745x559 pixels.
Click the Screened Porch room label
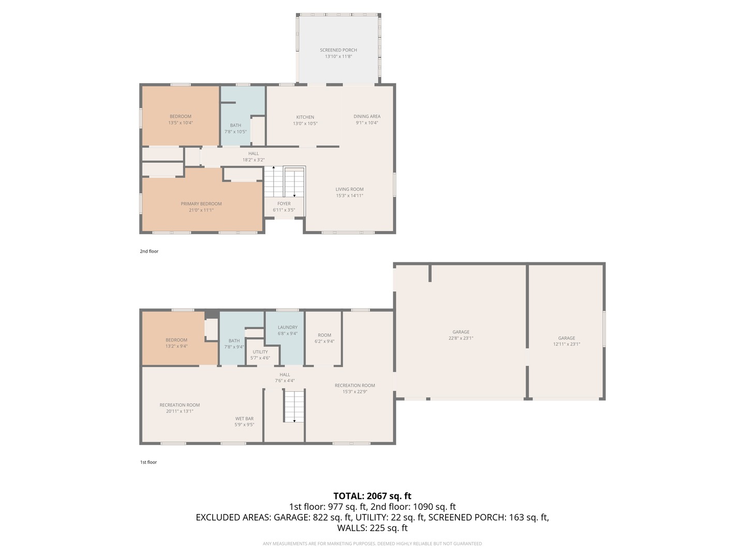pyautogui.click(x=338, y=50)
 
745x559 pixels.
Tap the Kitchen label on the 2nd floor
pyautogui.click(x=305, y=117)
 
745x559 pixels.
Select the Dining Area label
pyautogui.click(x=367, y=116)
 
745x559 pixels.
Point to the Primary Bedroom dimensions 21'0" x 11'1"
pyautogui.click(x=201, y=210)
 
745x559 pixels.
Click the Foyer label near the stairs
pyautogui.click(x=284, y=203)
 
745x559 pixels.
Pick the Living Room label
pyautogui.click(x=349, y=189)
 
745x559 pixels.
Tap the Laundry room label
pyautogui.click(x=288, y=327)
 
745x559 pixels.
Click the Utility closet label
pyautogui.click(x=260, y=352)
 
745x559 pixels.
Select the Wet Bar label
pyautogui.click(x=244, y=419)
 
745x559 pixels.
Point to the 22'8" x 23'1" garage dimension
pyautogui.click(x=461, y=338)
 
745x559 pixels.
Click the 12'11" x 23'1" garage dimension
pyautogui.click(x=567, y=344)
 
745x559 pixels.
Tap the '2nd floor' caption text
pyautogui.click(x=149, y=252)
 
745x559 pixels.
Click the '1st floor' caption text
pyautogui.click(x=148, y=462)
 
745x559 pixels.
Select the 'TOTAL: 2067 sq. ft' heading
pyautogui.click(x=372, y=496)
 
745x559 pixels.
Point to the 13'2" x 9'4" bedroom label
pyautogui.click(x=176, y=343)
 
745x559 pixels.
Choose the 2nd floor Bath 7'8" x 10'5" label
pyautogui.click(x=235, y=128)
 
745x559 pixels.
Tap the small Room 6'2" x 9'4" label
pyautogui.click(x=324, y=338)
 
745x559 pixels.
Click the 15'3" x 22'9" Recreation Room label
pyautogui.click(x=354, y=388)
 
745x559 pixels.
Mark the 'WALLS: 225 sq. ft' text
pyautogui.click(x=372, y=528)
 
